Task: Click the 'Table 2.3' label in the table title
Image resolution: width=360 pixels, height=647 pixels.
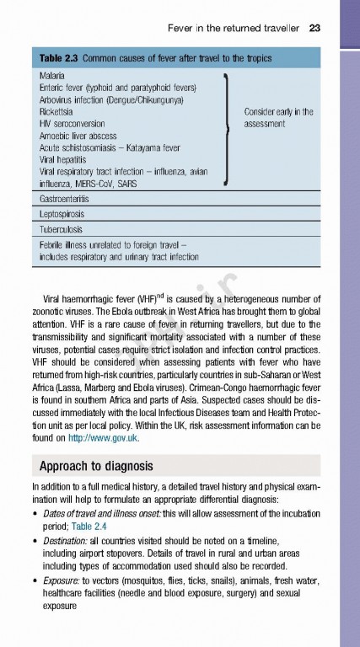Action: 59,57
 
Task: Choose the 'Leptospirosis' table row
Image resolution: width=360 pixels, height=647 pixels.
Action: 62,214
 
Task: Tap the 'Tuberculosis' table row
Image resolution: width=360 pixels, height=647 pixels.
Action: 61,229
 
